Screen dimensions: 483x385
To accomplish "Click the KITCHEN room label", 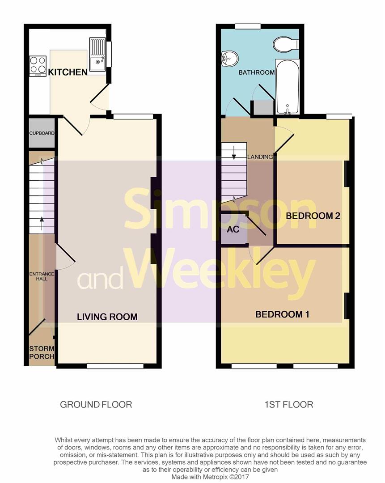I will coord(68,72).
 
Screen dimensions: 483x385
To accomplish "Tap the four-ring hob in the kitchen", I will coord(38,65).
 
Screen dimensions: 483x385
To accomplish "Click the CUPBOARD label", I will coord(42,133).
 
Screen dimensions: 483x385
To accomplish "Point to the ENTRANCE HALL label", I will coord(42,276).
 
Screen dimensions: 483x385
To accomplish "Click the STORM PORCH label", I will coord(42,352).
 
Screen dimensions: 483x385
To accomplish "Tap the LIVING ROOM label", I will coord(107,317).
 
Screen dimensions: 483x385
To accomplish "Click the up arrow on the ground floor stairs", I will coord(42,222).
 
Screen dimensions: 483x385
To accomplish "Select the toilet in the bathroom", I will coord(285,44).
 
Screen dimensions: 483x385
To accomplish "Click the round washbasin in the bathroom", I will coord(230,59).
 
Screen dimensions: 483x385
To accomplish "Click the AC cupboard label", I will coord(233,229).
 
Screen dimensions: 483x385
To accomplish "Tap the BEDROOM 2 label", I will coord(313,216).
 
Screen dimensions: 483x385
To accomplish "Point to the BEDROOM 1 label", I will coord(282,314).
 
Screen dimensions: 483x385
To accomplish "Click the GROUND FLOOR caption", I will coord(96,405).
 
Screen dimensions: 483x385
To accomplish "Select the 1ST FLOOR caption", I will coord(289,405).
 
